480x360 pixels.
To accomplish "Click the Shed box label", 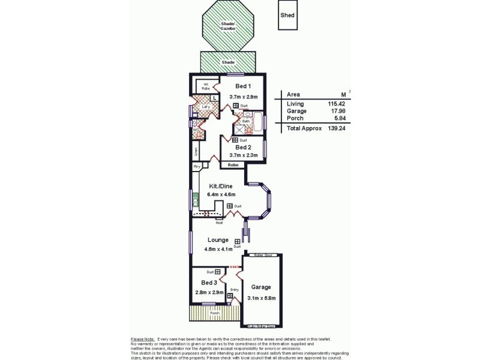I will click(287, 15).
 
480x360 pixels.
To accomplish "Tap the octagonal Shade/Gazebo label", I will click(228, 26).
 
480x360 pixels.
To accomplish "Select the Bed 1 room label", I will click(243, 86).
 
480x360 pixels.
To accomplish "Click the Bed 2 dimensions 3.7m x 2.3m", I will click(243, 155).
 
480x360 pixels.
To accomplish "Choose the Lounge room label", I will click(218, 240).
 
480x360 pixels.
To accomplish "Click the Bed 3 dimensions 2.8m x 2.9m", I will click(209, 292).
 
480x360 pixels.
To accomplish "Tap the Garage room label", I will click(261, 287).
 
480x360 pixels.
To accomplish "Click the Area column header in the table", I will click(293, 94).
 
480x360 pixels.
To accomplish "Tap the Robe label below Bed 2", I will click(233, 164).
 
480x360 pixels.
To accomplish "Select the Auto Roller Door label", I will click(261, 326).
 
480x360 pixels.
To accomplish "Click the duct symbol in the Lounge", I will click(238, 241).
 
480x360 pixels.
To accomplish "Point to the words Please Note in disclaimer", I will click(142, 339).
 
